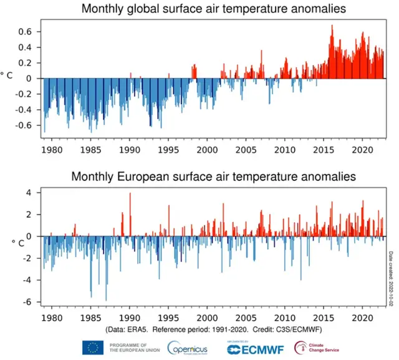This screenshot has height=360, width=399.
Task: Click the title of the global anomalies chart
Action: (x=213, y=10)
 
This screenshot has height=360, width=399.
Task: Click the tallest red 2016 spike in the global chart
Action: (x=332, y=26)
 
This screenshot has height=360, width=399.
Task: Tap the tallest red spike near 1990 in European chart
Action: (x=130, y=194)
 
